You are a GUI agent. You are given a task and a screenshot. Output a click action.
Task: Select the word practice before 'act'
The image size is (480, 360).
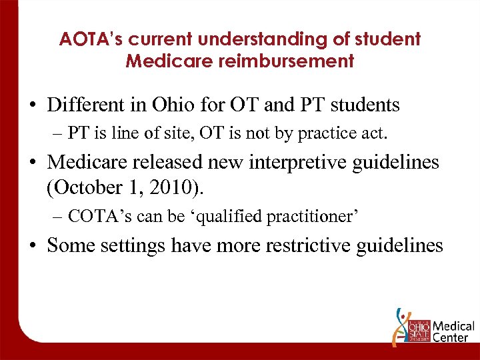pos(334,133)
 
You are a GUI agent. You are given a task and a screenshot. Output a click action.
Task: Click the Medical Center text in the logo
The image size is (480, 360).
pos(453,331)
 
